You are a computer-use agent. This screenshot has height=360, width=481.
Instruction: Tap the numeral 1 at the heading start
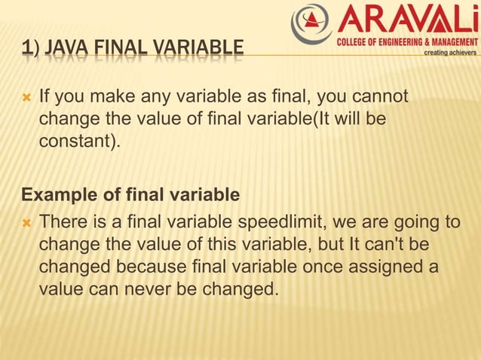click(26, 50)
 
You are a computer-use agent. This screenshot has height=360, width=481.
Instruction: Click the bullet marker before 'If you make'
click(26, 97)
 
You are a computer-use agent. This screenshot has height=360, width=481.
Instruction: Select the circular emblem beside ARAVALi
click(311, 23)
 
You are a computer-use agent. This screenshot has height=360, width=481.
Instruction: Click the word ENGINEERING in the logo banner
click(400, 41)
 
